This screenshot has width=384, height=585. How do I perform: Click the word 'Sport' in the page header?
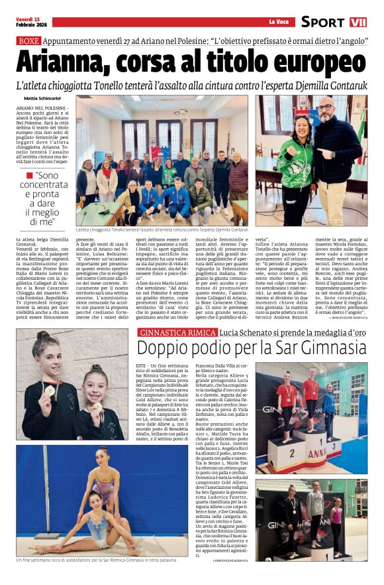323,22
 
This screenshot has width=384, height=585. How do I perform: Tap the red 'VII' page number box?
358,22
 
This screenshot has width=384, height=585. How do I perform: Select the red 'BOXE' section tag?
29,40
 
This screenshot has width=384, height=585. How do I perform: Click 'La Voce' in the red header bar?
278,22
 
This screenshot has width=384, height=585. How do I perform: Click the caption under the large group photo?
166,229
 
